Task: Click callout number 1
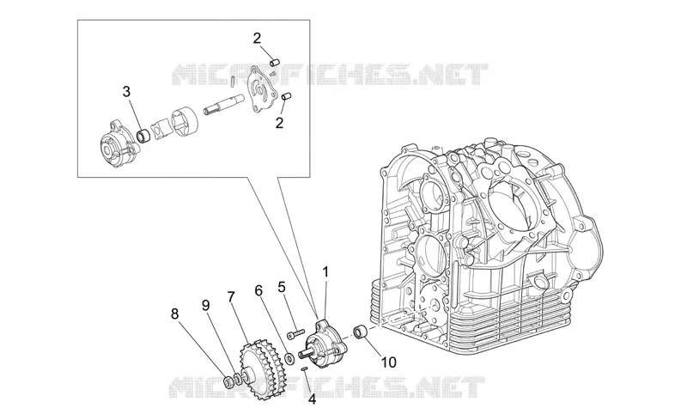[325, 272]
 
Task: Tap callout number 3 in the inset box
[126, 92]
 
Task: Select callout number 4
[312, 399]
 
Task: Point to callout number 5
[282, 287]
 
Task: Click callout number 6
[258, 290]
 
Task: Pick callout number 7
[231, 297]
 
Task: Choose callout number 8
[175, 313]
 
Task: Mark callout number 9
[205, 306]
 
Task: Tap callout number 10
[389, 362]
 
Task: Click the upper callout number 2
[257, 38]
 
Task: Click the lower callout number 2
[279, 123]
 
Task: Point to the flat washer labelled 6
[289, 358]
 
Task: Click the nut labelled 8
[228, 381]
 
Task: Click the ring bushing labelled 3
[143, 135]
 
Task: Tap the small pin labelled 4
[303, 368]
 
